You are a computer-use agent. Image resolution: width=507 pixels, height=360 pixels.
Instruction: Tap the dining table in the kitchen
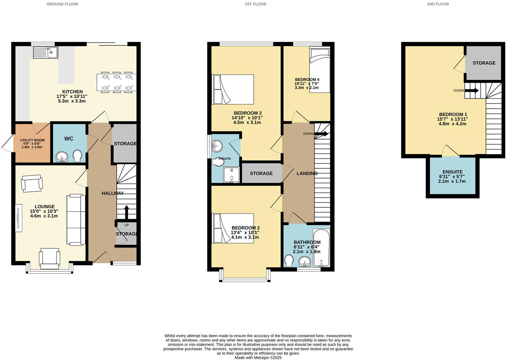click(117, 82)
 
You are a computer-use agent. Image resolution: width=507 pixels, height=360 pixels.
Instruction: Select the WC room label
click(69, 138)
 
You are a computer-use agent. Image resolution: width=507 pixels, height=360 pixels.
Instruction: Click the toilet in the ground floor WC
click(78, 155)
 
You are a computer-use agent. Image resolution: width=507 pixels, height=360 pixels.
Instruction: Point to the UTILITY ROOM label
click(32, 140)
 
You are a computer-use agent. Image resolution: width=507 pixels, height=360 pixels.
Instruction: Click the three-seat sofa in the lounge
click(76, 220)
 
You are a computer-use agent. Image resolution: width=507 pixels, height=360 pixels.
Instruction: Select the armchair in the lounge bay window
click(50, 259)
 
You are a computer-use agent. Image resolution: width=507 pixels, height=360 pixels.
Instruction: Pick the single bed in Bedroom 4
click(320, 69)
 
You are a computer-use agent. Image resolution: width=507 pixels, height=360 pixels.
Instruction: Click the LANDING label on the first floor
click(307, 173)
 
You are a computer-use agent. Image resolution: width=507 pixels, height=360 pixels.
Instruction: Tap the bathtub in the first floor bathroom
click(321, 248)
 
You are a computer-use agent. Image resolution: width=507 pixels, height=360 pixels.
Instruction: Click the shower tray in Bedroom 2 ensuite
click(231, 175)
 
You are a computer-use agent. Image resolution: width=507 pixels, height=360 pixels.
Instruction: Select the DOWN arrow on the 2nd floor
click(472, 91)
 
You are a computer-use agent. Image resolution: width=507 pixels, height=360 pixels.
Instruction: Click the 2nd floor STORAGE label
click(484, 63)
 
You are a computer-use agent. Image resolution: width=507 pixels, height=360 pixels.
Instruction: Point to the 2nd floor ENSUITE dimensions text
click(452, 179)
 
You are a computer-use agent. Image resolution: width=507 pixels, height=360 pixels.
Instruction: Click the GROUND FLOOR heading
click(62, 4)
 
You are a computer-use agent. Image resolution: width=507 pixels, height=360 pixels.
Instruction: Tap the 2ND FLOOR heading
click(438, 4)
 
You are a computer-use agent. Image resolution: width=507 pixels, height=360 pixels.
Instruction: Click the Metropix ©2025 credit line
click(258, 358)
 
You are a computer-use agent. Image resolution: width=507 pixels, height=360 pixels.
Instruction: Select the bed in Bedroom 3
click(233, 228)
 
